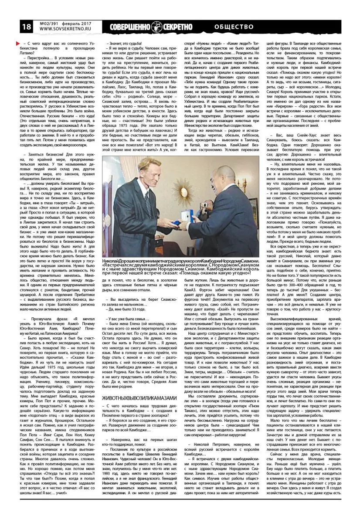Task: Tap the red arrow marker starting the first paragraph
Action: tap(17, 43)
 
